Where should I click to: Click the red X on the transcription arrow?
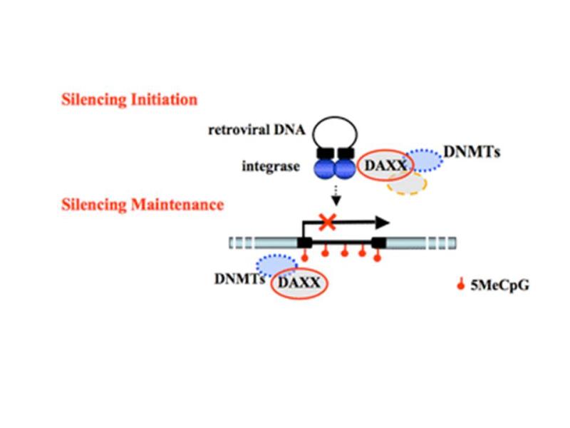(327, 223)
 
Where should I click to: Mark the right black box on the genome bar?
(378, 243)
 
